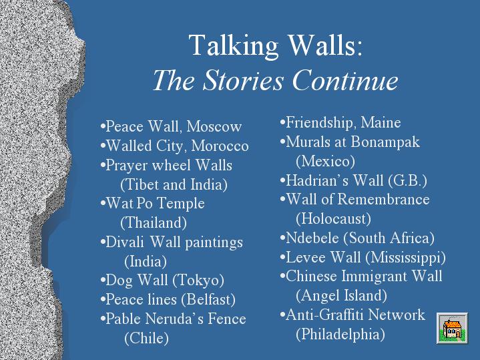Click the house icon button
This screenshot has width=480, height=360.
pos(452,328)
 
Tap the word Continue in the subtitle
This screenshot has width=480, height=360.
pos(345,80)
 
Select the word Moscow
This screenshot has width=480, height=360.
pos(214,126)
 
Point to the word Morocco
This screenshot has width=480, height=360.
pos(220,146)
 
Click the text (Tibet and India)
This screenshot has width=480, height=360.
pos(174,184)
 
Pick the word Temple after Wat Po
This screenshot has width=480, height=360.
pos(181,204)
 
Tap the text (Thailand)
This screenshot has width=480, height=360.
pos(154,222)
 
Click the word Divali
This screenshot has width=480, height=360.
pos(125,242)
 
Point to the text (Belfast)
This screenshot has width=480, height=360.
pos(208,299)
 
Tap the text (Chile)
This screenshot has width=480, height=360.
pos(147,338)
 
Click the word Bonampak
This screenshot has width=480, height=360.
pos(385,142)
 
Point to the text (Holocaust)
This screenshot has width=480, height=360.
pos(333,218)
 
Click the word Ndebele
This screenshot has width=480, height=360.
pos(312,238)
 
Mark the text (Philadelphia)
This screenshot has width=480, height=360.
pos(340,334)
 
